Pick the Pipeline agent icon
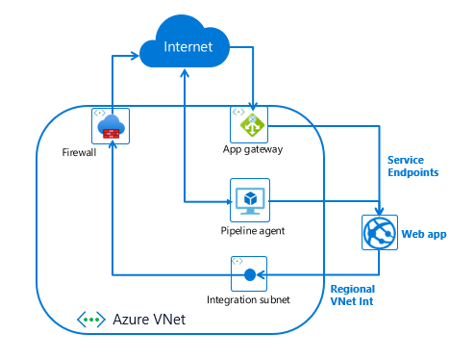click(x=249, y=199)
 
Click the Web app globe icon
click(x=380, y=232)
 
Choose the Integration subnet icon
click(x=249, y=275)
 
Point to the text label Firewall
click(x=80, y=152)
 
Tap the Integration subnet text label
click(x=248, y=300)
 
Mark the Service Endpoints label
click(x=412, y=166)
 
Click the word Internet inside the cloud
click(x=187, y=47)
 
